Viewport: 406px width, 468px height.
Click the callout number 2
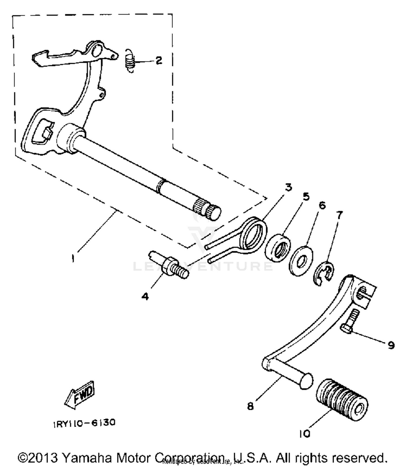pos(159,60)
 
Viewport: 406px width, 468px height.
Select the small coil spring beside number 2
pos(130,61)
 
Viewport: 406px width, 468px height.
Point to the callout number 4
pos(145,297)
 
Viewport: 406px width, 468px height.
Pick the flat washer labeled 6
pos(300,261)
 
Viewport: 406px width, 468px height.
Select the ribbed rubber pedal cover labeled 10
pos(342,400)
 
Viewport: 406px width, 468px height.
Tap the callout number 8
pos(250,406)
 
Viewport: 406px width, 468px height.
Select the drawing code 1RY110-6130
pos(84,423)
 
